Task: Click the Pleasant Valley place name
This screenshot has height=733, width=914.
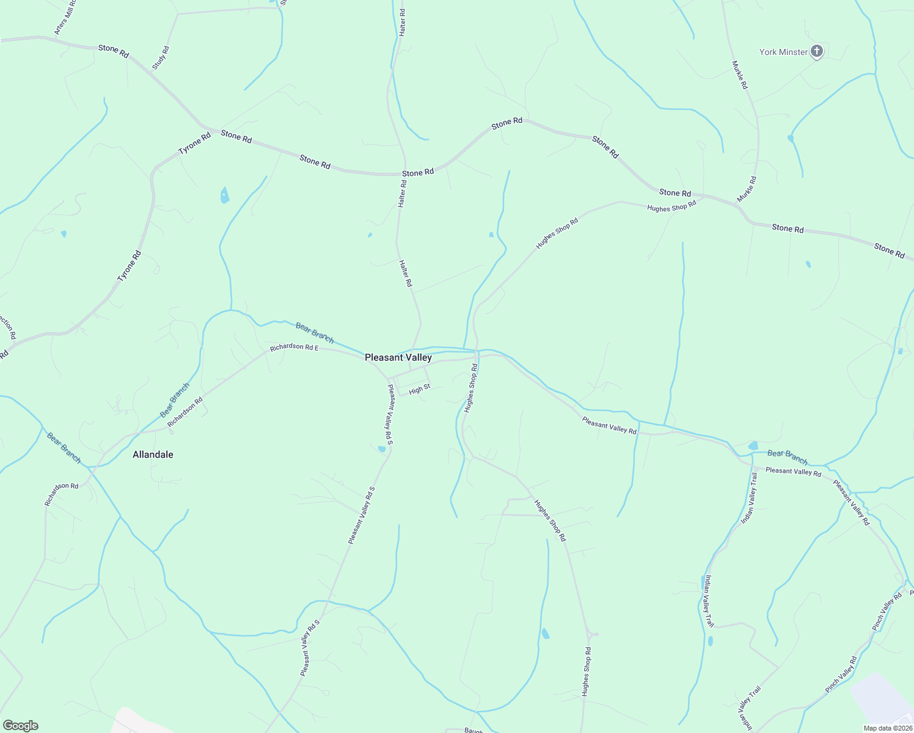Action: point(398,358)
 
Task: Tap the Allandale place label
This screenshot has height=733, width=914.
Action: point(153,454)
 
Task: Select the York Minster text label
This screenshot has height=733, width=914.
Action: point(783,53)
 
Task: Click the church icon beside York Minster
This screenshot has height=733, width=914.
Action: point(817,51)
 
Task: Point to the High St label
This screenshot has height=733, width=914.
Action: point(420,389)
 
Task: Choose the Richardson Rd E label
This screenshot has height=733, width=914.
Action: point(295,347)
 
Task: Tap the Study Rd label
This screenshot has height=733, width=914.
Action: point(160,57)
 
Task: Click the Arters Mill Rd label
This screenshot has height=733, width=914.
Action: point(65,17)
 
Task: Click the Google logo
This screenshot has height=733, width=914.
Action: point(20,726)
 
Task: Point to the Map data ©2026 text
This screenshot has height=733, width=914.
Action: point(887,728)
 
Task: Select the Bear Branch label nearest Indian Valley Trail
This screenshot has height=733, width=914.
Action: point(788,457)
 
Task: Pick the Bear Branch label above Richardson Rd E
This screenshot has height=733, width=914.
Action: point(315,332)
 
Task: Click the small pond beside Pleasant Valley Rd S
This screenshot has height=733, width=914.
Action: point(382,449)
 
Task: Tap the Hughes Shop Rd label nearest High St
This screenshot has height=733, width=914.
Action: point(470,388)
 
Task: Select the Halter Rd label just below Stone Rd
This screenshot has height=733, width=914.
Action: point(402,193)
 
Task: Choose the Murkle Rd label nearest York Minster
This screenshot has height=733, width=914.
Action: point(739,75)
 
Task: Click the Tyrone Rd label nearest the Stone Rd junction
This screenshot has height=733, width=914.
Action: point(194,143)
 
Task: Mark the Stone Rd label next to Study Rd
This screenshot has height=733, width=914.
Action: point(114,51)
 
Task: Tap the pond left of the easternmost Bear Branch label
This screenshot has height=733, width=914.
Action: point(753,445)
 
